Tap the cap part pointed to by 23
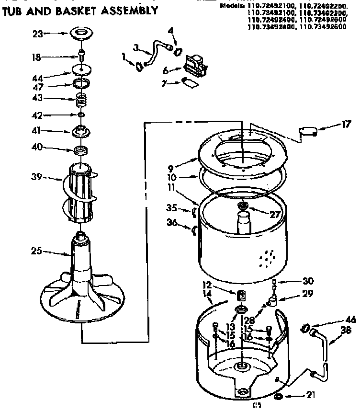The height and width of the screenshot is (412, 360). click(83, 34)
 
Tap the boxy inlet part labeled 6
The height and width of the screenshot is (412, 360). click(195, 65)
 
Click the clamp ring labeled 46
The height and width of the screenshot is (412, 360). click(304, 328)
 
